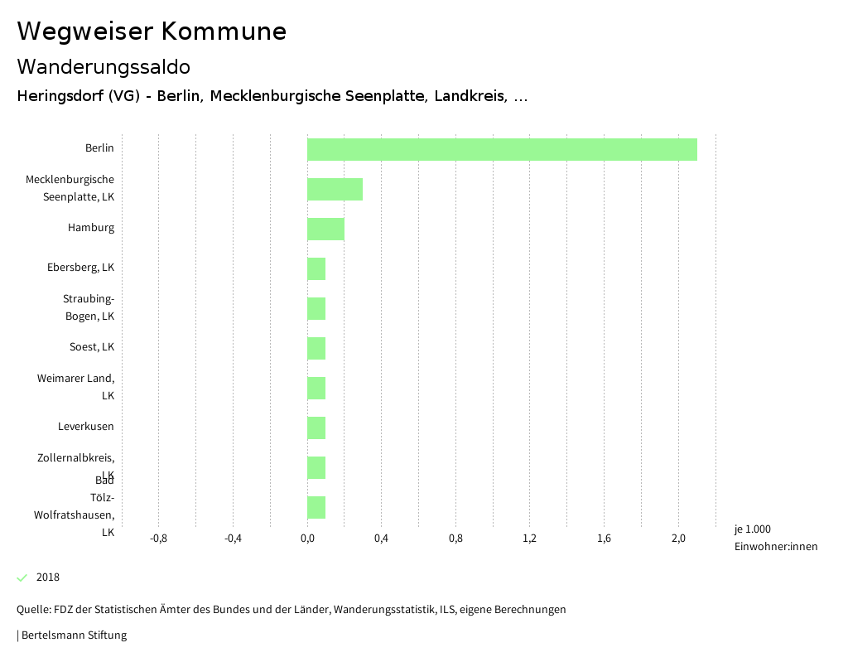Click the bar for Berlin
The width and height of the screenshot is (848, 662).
tap(502, 149)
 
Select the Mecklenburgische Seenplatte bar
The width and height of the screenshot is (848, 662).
tap(335, 189)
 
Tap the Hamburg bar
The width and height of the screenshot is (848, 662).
tap(325, 229)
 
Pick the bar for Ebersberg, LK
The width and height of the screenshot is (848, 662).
tap(316, 268)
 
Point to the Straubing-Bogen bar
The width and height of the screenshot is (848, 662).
tap(316, 308)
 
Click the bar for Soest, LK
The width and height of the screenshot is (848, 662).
tap(316, 348)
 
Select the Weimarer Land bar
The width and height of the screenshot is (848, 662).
tap(316, 388)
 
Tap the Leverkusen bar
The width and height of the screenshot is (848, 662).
tap(316, 428)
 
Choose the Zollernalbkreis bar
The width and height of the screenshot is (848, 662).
tap(316, 467)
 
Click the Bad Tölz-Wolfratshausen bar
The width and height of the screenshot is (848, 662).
tap(316, 507)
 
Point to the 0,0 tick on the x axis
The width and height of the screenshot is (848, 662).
tap(307, 539)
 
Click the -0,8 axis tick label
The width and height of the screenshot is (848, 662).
tap(158, 539)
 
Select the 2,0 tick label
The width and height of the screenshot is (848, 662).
tap(678, 539)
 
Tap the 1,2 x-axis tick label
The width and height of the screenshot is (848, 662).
tap(530, 539)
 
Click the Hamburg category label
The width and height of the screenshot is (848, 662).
tap(91, 228)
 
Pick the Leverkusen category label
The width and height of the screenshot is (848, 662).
tap(86, 427)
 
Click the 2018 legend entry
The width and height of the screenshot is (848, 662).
tap(47, 577)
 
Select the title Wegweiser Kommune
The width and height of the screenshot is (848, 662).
tap(152, 31)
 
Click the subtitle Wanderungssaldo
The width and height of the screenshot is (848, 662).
tap(104, 66)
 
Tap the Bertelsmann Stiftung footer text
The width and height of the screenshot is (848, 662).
tap(73, 635)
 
